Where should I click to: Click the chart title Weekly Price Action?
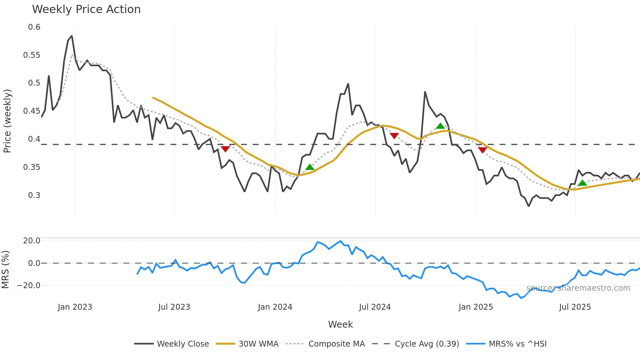point(86,9)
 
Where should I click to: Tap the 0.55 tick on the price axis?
point(32,55)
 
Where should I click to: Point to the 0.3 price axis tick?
point(34,195)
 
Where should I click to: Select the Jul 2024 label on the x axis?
point(375,307)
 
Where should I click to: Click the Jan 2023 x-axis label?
point(75,307)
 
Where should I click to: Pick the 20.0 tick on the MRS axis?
point(32,241)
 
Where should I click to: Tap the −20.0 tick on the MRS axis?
point(29,286)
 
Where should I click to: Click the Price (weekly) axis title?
point(7,121)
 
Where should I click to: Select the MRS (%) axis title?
point(5,270)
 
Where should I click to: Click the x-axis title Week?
point(340,324)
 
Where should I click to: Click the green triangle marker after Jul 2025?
point(582,183)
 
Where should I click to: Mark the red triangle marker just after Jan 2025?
point(482,150)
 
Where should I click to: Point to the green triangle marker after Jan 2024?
point(310,167)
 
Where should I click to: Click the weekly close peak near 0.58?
point(72,36)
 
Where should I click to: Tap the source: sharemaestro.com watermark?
point(578,288)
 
